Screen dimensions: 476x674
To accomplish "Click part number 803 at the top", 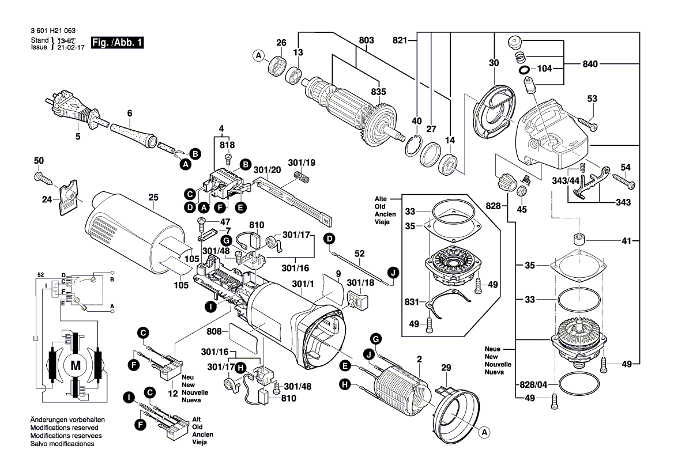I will pos(366,40).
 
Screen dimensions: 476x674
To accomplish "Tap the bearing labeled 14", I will pos(449,166).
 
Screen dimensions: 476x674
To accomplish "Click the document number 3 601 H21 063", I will pos(51,31).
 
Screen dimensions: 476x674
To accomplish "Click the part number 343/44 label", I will pos(565,181).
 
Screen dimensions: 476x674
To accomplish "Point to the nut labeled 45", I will pos(521,191).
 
